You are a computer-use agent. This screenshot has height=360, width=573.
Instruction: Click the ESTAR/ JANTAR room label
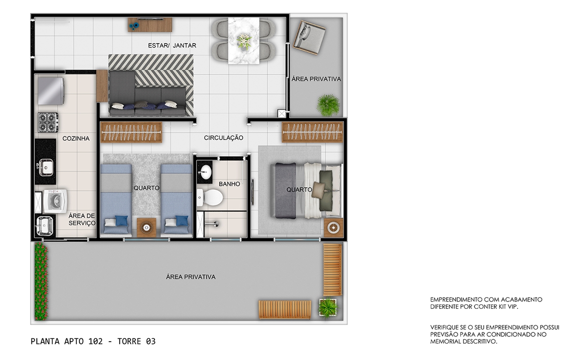(x=172, y=46)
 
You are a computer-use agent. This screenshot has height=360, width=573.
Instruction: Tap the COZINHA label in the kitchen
(x=76, y=138)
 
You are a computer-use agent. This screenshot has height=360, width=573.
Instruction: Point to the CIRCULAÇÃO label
(x=223, y=138)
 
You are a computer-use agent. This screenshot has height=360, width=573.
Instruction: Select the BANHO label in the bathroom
(x=229, y=184)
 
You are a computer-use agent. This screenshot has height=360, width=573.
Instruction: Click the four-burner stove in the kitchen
(x=48, y=123)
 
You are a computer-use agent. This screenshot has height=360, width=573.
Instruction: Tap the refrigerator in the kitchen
(x=51, y=91)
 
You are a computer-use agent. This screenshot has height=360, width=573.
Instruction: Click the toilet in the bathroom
(x=210, y=197)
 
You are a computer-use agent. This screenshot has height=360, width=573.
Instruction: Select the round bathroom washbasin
(x=206, y=172)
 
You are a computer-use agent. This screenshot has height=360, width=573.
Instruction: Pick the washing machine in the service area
(x=55, y=201)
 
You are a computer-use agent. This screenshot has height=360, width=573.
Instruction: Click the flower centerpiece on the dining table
(x=244, y=41)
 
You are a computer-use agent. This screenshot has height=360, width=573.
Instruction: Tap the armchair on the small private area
(x=309, y=38)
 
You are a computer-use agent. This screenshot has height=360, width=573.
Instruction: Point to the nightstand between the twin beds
(x=146, y=228)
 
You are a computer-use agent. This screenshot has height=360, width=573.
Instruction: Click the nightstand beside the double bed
(x=334, y=228)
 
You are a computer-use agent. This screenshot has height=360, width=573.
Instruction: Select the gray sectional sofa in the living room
(x=147, y=94)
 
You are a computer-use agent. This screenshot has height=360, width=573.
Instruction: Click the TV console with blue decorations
(x=150, y=24)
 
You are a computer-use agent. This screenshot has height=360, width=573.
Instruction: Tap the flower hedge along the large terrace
(x=41, y=281)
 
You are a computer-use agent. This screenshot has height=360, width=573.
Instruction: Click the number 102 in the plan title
(x=95, y=341)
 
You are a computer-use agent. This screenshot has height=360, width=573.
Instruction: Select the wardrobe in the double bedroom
(x=313, y=132)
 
